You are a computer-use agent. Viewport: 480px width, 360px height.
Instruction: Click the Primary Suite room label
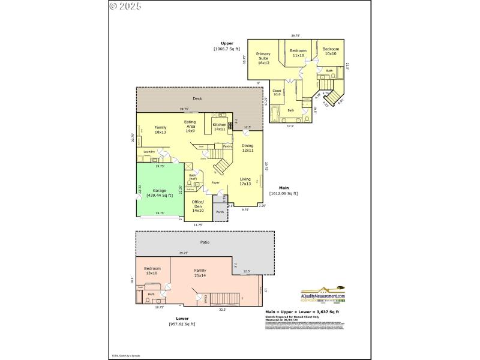point(263,58)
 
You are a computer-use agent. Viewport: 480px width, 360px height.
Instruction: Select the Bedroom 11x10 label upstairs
point(298,53)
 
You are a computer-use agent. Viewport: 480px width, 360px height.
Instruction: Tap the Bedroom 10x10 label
point(331,51)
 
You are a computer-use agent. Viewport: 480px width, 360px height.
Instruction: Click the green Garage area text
point(160,193)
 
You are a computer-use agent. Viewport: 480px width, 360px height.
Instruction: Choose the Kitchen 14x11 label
point(219,127)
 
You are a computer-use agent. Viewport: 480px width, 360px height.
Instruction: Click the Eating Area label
point(190,126)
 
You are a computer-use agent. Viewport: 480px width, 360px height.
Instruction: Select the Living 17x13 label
point(245,181)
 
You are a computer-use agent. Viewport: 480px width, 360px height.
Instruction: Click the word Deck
point(197,98)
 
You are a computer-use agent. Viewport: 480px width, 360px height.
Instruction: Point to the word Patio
point(205,242)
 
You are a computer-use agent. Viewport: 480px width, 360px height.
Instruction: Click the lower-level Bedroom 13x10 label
point(152,271)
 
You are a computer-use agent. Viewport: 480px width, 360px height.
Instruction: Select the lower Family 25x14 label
point(200,272)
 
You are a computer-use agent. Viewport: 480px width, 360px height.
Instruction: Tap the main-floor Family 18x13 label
point(160,130)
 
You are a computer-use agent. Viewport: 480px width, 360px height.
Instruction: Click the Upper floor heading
point(227,46)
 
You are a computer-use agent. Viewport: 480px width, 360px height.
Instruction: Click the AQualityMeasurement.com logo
point(323,295)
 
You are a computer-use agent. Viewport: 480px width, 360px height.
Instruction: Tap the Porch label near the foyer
point(220,211)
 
